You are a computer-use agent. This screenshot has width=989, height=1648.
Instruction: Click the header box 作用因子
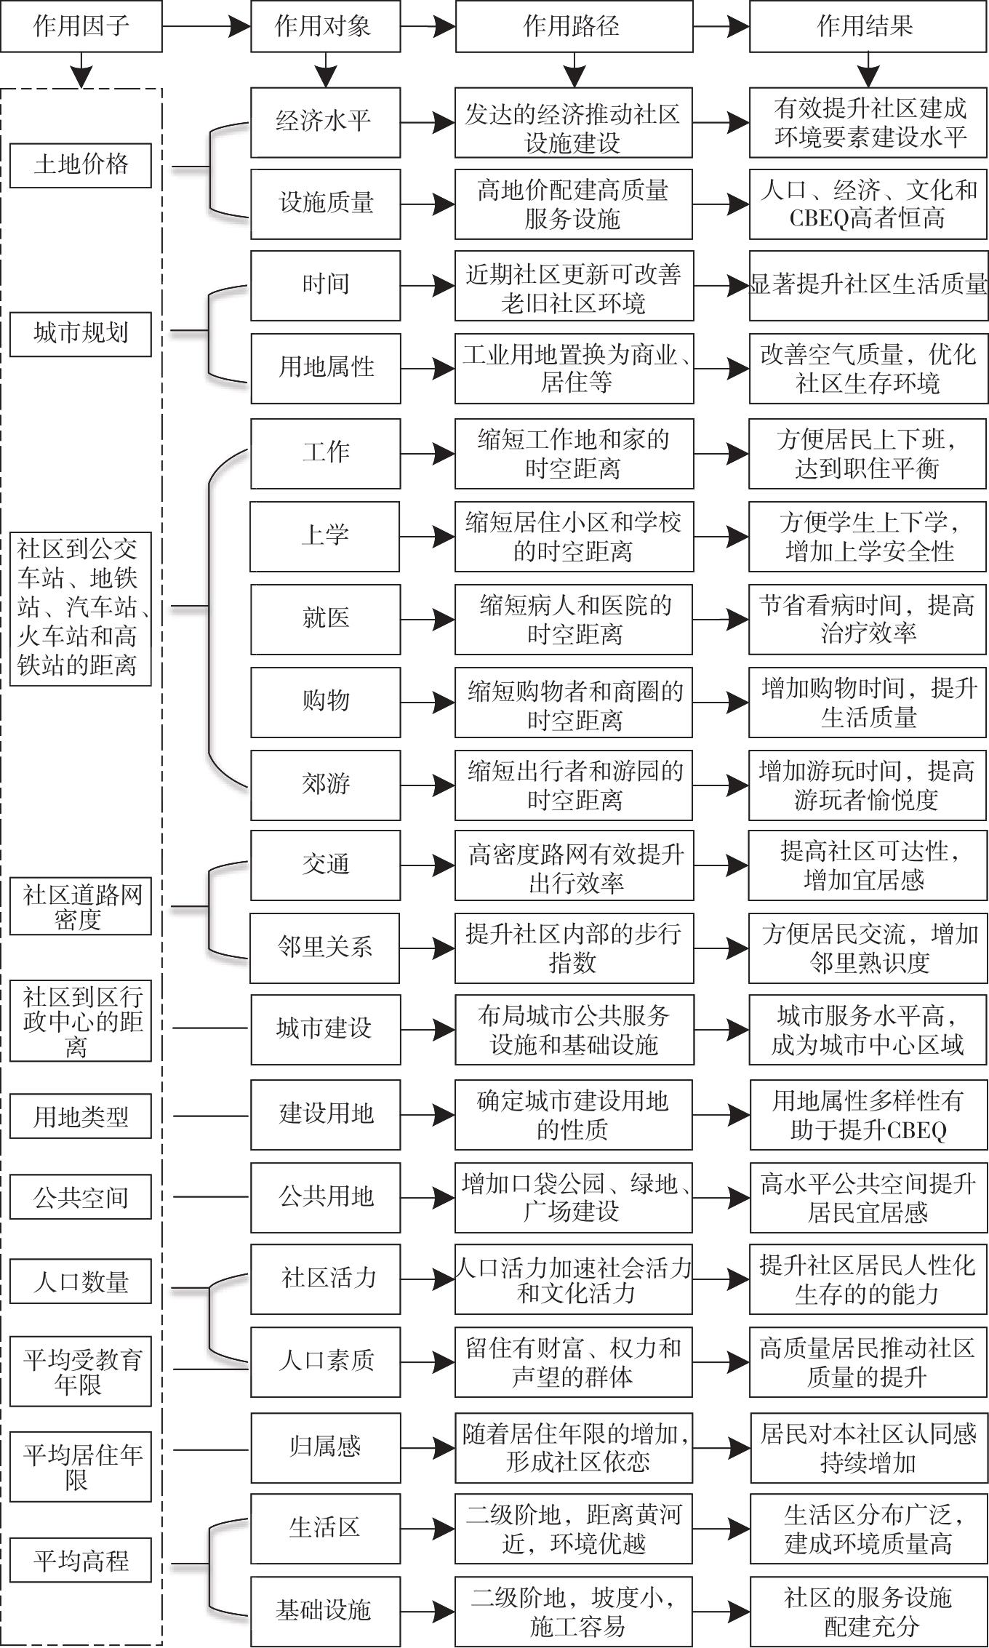(x=81, y=27)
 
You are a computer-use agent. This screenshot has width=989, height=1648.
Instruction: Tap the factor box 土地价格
(x=81, y=165)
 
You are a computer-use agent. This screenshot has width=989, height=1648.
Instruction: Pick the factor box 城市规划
(x=81, y=334)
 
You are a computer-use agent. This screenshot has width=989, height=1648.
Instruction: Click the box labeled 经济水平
(x=325, y=121)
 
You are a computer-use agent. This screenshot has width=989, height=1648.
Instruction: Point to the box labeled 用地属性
(x=325, y=367)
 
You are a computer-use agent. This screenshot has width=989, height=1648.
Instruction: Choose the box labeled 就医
(x=325, y=618)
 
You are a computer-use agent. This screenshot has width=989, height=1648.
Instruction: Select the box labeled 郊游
(x=325, y=784)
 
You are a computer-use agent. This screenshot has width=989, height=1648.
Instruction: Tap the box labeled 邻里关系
(x=325, y=947)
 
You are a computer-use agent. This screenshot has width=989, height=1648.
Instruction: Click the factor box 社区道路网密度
(x=81, y=907)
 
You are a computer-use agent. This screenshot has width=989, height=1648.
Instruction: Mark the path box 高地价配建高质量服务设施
(x=573, y=204)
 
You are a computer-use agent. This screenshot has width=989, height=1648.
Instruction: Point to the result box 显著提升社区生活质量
(x=868, y=284)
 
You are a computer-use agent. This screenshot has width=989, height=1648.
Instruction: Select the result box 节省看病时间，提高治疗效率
(x=868, y=618)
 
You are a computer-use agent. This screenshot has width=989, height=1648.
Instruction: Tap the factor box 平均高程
(x=81, y=1560)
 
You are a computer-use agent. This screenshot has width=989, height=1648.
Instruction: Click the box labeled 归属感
(x=325, y=1447)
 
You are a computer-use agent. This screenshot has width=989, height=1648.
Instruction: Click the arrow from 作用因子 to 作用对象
(x=207, y=27)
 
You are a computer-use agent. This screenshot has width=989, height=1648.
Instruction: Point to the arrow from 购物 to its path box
(x=428, y=702)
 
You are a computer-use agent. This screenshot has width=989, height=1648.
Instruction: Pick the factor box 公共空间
(x=81, y=1197)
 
